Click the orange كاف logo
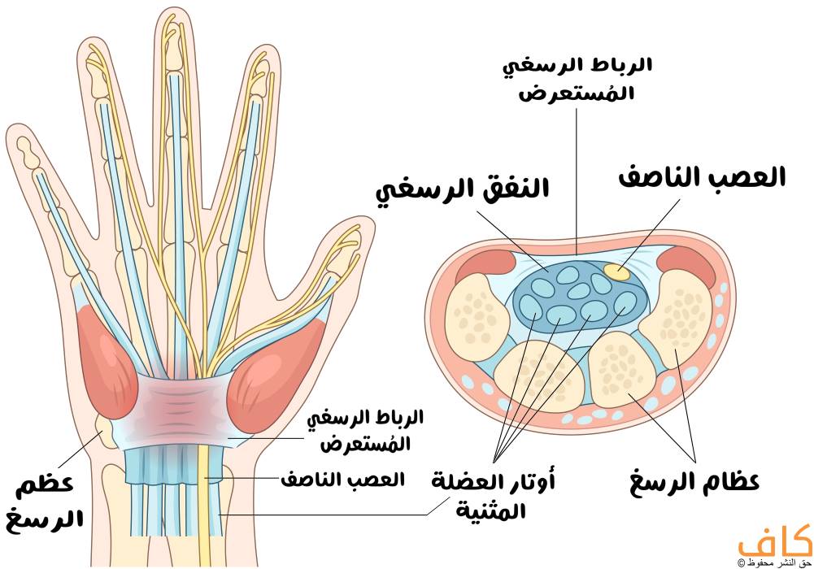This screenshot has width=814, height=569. [x=775, y=541]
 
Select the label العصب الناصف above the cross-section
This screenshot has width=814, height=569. [x=702, y=178]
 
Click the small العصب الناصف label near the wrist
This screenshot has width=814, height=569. [x=342, y=480]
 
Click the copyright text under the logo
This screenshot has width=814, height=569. [x=774, y=562]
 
